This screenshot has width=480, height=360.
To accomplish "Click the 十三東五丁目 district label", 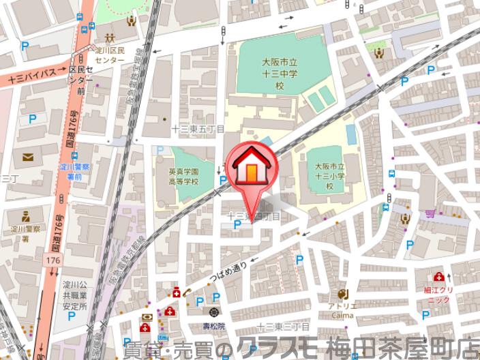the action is pos(198,128).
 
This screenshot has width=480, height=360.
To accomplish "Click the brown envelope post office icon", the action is pos(27,157).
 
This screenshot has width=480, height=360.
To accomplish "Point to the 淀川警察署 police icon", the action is pos(25,217).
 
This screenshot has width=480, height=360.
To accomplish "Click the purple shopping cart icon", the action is pos(430,214).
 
